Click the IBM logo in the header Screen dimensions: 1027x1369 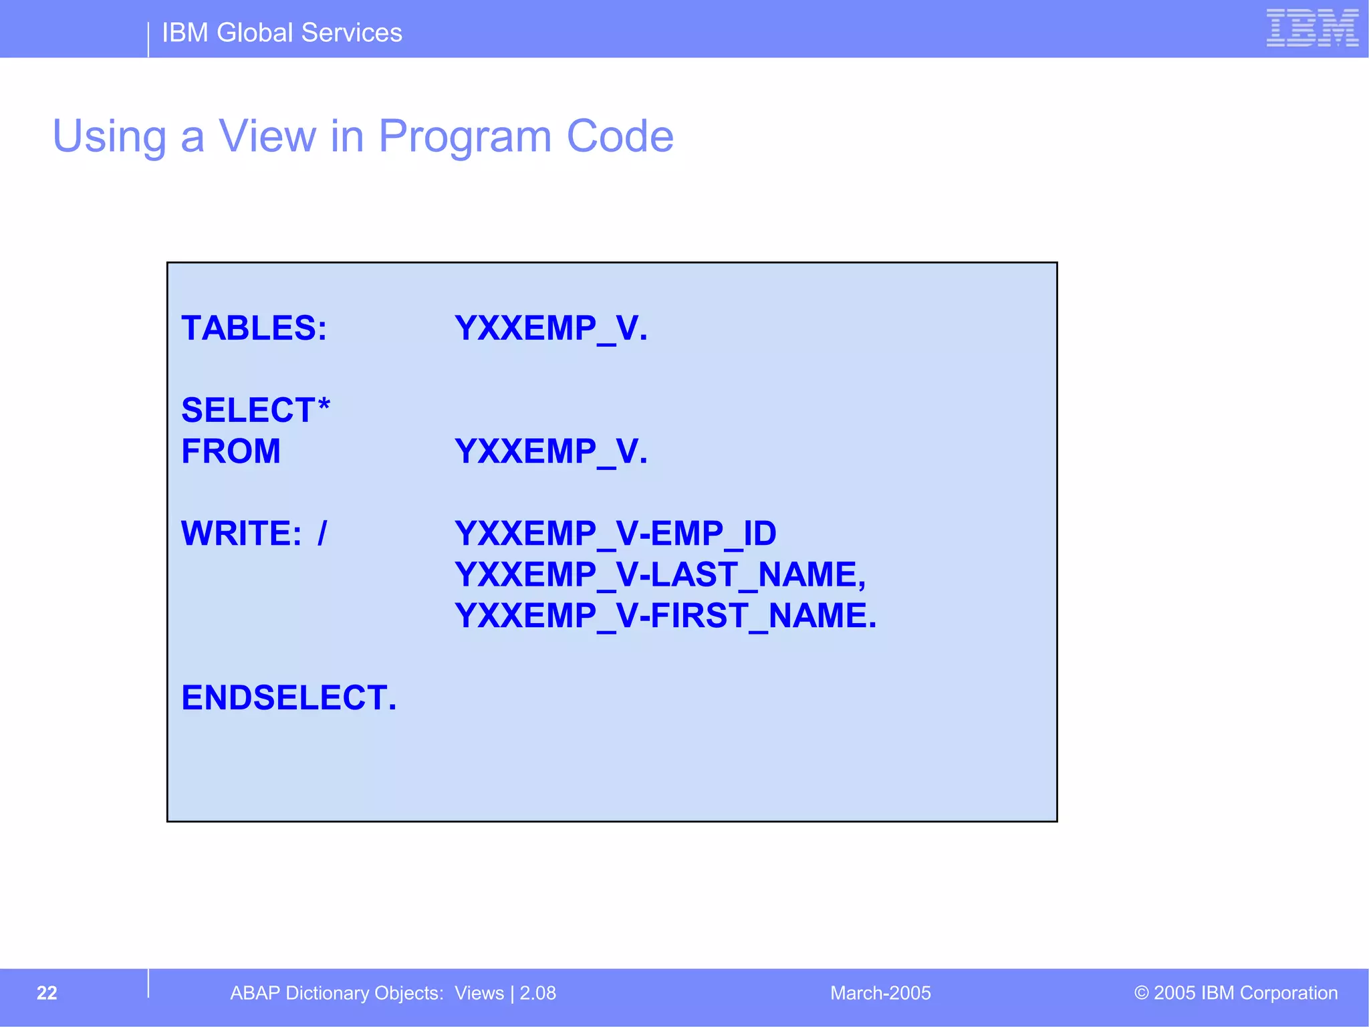click(1312, 28)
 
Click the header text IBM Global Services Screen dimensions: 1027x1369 click(281, 33)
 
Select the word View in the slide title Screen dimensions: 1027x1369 click(267, 136)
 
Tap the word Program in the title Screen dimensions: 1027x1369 click(465, 136)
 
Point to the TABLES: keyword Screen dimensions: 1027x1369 click(254, 328)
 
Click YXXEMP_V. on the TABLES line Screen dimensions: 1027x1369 click(551, 328)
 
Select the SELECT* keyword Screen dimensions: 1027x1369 click(255, 410)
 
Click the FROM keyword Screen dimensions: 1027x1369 click(231, 451)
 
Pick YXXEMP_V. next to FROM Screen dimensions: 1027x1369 click(551, 451)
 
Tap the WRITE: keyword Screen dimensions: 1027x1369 click(241, 534)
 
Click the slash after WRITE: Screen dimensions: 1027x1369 click(322, 534)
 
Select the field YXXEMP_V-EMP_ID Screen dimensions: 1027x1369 click(615, 534)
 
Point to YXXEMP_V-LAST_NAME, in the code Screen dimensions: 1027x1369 click(660, 574)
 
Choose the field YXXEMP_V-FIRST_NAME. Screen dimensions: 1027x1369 click(665, 616)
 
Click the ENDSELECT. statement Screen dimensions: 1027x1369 click(289, 698)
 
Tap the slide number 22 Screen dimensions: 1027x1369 click(47, 993)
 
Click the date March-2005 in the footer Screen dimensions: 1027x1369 click(880, 993)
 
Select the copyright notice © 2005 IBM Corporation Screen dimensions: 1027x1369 click(1236, 993)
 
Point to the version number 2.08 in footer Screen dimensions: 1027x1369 click(538, 993)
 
